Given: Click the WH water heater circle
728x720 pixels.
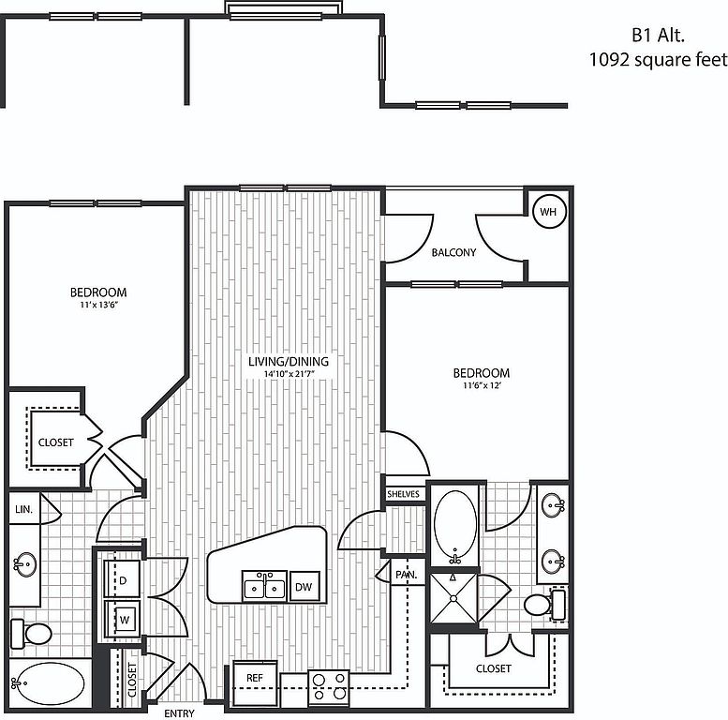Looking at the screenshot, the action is pos(548,212).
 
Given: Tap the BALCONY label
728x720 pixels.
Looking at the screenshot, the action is pos(453,252).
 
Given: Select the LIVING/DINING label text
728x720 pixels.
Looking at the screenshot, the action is pos(289,361).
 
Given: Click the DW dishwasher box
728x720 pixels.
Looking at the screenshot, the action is pos(304,587).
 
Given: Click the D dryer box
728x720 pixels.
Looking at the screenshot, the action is pos(123,580).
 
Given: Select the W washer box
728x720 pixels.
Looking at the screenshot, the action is pos(123,618).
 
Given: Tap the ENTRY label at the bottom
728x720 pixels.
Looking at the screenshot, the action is pos(178,713).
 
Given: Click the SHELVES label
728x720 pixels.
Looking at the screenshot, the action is pos(403,494).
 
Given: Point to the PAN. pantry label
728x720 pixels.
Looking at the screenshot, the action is pos(406,574).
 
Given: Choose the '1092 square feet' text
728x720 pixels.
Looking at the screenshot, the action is pos(657,60).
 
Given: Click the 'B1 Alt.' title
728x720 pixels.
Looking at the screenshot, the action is pos(658,36).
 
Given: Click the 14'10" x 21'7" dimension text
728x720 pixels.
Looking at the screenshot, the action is pos(289,375).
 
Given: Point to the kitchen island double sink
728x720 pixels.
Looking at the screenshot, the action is pos(264,588).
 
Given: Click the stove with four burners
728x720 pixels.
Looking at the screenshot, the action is pos(328,686).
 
